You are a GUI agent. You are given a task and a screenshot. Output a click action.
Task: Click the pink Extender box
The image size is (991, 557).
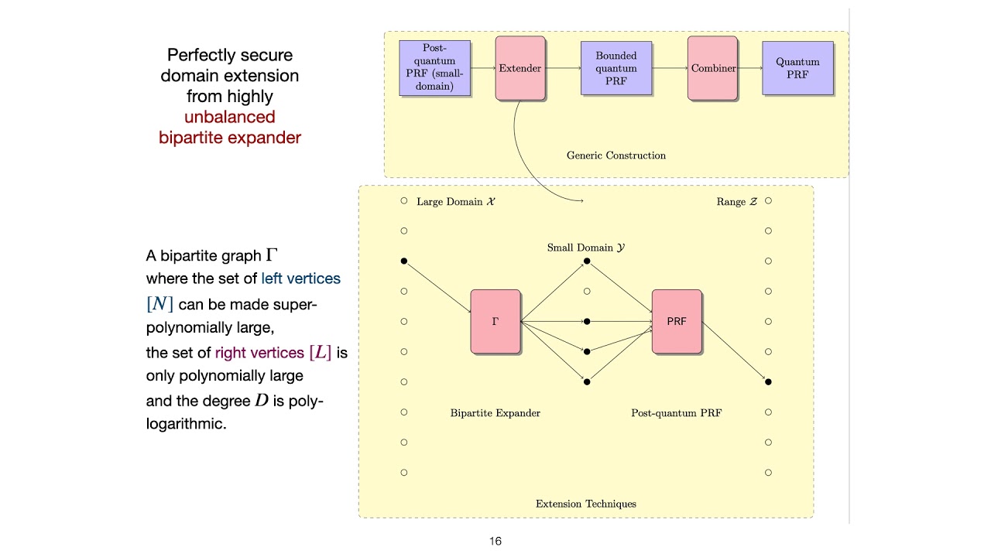[520, 68]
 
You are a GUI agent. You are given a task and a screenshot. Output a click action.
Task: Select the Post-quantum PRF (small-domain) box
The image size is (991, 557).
[434, 68]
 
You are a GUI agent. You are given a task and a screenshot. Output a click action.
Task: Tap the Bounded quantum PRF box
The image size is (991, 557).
[616, 68]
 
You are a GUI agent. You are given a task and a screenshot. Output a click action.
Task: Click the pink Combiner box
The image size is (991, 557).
[712, 68]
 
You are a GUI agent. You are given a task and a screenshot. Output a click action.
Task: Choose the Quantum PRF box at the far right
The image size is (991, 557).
[797, 68]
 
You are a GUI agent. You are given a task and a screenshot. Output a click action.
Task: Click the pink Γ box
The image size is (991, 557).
[495, 321]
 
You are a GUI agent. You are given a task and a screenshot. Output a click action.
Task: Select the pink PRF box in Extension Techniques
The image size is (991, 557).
[677, 321]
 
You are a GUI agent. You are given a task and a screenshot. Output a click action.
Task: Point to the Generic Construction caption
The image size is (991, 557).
[616, 155]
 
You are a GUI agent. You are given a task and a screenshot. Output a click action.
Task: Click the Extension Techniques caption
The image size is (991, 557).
[586, 504]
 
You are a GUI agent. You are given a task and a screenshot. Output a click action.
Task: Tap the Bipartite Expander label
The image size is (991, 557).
[495, 413]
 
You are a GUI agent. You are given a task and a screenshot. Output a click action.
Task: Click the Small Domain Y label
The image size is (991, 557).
[586, 248]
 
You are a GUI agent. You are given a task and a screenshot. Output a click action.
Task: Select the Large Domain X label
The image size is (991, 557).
[457, 202]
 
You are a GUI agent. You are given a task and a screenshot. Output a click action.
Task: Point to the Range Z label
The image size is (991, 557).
[736, 202]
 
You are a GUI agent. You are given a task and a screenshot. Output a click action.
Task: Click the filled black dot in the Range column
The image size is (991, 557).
[768, 381]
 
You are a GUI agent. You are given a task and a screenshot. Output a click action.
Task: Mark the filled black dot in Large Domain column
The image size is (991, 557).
[403, 261]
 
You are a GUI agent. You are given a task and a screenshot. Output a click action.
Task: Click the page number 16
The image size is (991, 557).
[495, 542]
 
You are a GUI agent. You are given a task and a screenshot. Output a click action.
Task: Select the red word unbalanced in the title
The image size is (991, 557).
[230, 118]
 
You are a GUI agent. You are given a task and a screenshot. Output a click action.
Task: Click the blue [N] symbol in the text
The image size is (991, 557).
[159, 304]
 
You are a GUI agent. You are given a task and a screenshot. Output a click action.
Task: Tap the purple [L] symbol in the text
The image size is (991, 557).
[321, 353]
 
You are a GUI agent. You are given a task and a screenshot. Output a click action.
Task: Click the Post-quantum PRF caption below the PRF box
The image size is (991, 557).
[677, 413]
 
